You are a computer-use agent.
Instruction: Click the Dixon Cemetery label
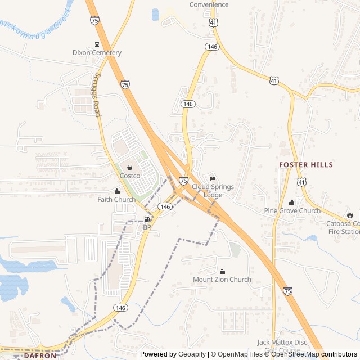tap(97, 53)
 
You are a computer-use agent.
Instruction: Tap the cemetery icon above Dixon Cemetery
tap(97, 44)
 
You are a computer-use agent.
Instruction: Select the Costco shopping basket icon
tap(130, 167)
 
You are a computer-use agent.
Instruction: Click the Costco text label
tap(130, 175)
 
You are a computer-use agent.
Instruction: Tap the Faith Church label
tap(116, 200)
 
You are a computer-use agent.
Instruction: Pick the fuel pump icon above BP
tap(147, 219)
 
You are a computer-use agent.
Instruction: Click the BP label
tap(147, 227)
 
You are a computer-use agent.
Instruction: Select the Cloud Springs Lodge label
tap(213, 191)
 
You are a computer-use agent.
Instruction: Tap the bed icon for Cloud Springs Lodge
tap(213, 179)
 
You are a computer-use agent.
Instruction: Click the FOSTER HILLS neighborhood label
tap(306, 165)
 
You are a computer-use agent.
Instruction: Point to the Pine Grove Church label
tap(292, 211)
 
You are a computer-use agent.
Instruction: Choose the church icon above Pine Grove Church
tap(292, 202)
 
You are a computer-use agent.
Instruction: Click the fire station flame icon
tap(350, 215)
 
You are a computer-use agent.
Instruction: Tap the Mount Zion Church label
tap(222, 280)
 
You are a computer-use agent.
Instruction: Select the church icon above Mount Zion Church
tap(222, 271)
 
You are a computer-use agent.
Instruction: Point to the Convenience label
tap(209, 5)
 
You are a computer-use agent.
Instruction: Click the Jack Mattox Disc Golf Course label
tap(282, 345)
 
